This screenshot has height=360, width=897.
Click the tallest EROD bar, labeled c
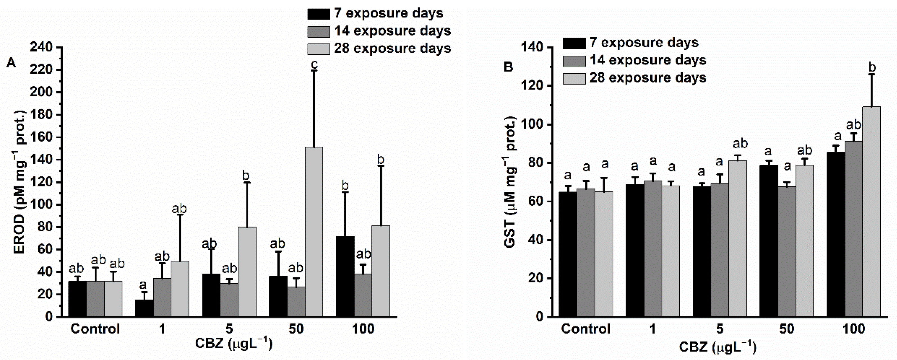314,232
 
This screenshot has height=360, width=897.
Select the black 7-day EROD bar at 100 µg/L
345,276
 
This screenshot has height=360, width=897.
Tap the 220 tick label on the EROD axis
41,70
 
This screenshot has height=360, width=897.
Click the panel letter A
11,63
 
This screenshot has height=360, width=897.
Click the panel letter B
508,66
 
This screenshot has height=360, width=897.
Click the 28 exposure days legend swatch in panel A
318,49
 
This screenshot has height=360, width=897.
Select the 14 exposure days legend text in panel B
648,60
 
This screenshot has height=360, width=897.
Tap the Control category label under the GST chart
586,329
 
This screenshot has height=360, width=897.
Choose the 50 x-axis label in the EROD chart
296,329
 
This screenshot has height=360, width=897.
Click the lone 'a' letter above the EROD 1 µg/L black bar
143,285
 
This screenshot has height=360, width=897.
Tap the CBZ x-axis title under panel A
234,344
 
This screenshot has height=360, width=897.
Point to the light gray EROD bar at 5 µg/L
247,272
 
